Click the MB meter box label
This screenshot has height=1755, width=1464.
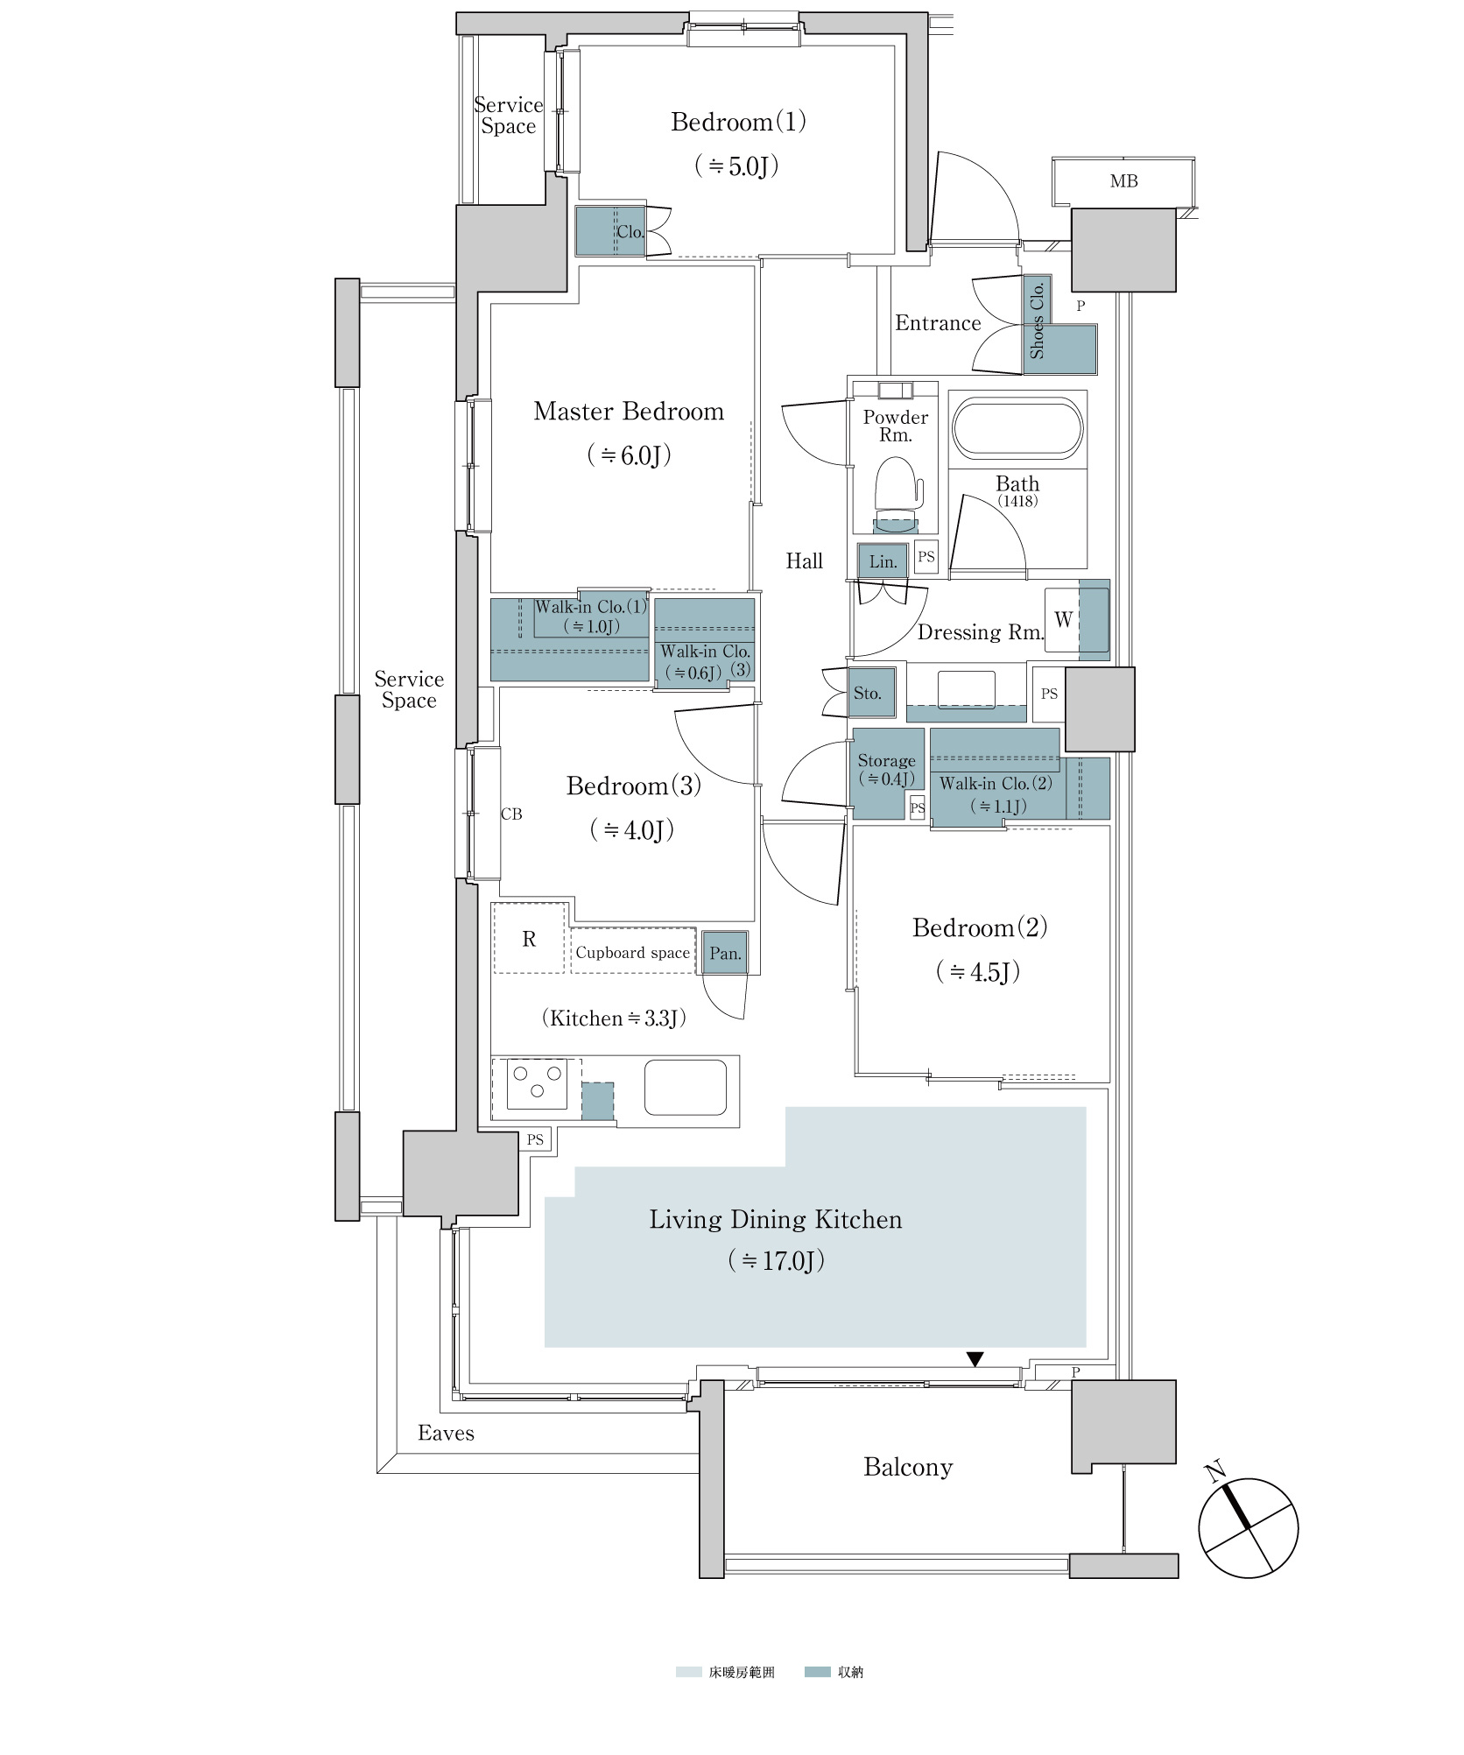click(x=1123, y=181)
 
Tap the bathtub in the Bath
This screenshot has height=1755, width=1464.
click(x=1017, y=427)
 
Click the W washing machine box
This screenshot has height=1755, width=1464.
click(x=1062, y=619)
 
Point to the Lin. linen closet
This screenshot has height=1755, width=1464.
click(x=883, y=561)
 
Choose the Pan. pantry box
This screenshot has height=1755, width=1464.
click(x=725, y=953)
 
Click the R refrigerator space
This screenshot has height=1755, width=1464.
click(x=529, y=938)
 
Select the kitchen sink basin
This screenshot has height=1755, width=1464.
click(x=686, y=1087)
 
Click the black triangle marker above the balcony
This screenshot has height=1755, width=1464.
click(x=975, y=1358)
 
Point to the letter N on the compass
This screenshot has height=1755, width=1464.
click(x=1215, y=1471)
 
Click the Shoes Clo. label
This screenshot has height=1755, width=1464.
click(x=1037, y=320)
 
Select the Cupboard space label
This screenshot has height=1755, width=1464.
click(x=632, y=953)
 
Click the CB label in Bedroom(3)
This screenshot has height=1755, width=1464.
click(x=511, y=814)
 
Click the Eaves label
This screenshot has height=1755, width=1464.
click(x=446, y=1433)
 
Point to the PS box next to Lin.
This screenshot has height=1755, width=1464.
click(x=926, y=557)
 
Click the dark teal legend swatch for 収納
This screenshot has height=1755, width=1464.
click(x=817, y=1672)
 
